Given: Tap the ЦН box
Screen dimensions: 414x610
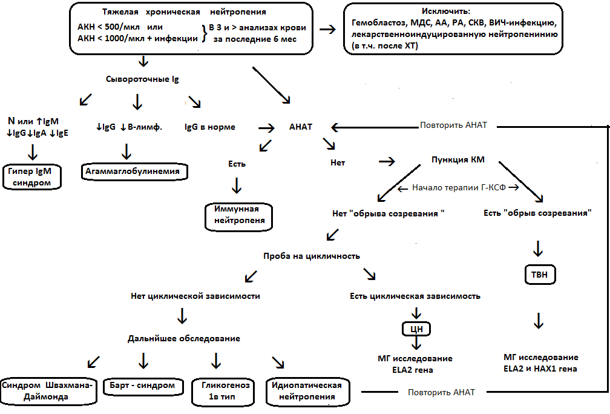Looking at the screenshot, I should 416,329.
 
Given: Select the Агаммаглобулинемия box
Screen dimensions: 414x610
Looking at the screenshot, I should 134,172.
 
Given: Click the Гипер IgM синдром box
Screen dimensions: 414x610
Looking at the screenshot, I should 31,177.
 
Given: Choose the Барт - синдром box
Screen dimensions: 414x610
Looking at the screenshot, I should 143,386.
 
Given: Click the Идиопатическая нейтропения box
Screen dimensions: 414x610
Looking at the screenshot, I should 307,391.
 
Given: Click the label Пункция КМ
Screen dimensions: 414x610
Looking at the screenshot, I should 458,161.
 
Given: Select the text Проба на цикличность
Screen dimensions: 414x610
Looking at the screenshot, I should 312,256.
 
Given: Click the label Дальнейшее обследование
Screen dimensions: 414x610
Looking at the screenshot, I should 183,338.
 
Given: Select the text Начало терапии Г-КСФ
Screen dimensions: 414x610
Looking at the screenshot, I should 458,187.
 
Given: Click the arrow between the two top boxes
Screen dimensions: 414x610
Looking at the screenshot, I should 327,29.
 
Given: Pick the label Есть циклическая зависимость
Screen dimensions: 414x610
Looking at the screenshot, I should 415,296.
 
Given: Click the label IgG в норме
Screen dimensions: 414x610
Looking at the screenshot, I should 209,127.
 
